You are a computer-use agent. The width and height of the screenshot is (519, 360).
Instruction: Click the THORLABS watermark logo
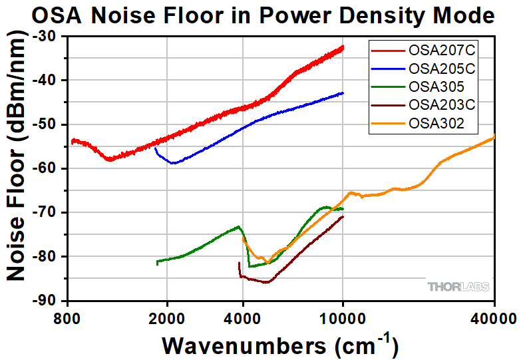(x=458, y=287)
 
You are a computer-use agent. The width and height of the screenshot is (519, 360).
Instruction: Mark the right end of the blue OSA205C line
(x=343, y=93)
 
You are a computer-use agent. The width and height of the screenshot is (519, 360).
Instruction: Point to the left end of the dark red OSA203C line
(x=240, y=264)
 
